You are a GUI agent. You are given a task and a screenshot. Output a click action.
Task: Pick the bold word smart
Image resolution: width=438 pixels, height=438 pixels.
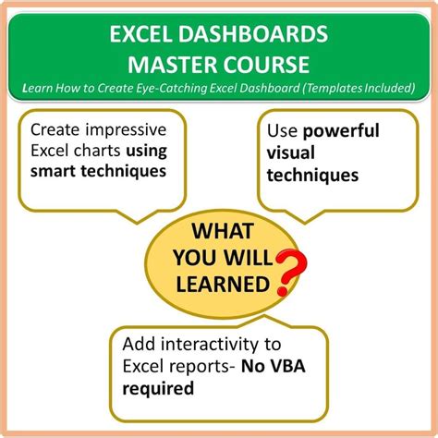click(55, 171)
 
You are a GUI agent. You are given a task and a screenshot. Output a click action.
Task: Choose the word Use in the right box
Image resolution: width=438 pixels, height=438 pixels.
click(286, 129)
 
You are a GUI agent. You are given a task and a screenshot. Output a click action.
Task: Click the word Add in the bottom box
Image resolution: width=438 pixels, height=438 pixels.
click(139, 345)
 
